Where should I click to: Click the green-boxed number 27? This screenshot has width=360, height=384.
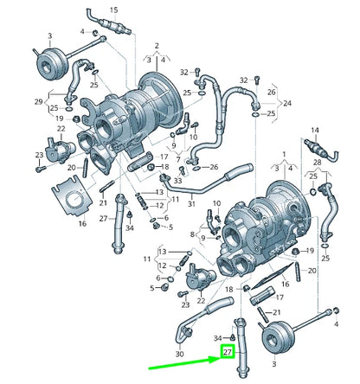(228, 352)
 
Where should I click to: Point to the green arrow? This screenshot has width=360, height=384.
(184, 364)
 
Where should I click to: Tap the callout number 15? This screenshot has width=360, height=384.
(114, 10)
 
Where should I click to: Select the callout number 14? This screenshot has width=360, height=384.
(315, 131)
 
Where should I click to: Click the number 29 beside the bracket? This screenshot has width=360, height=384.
(39, 101)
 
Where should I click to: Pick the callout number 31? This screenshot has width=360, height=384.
(191, 204)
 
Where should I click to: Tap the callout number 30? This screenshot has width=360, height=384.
(179, 354)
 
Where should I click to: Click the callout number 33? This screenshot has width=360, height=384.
(178, 181)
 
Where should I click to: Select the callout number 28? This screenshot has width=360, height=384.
(317, 163)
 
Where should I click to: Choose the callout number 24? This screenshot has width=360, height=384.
(287, 103)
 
